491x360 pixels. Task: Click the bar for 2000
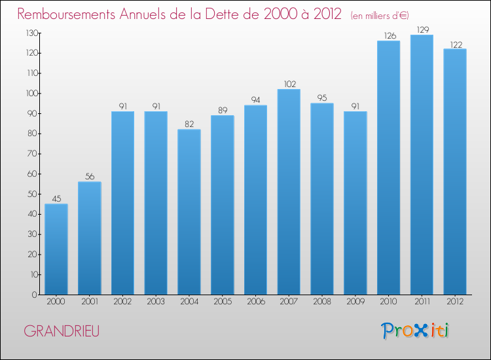click(56, 249)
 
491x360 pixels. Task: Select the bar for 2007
click(289, 192)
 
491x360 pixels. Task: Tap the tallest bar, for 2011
click(422, 165)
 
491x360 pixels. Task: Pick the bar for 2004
click(189, 212)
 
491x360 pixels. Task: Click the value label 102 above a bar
click(290, 84)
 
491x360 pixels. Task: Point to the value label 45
click(56, 199)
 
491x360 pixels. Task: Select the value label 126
click(390, 36)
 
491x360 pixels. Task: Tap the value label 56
click(90, 177)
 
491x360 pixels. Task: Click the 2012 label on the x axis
click(455, 302)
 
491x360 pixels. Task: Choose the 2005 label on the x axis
click(223, 302)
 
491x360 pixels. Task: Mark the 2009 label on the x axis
click(355, 302)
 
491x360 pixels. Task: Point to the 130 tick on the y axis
click(32, 33)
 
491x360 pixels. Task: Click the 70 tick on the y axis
click(33, 154)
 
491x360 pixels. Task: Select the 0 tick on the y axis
click(35, 295)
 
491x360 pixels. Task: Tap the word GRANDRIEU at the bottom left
click(62, 331)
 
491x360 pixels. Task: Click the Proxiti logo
click(415, 331)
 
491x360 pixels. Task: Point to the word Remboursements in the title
click(66, 14)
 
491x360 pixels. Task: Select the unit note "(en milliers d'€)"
click(380, 15)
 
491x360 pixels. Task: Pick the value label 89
click(223, 110)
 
